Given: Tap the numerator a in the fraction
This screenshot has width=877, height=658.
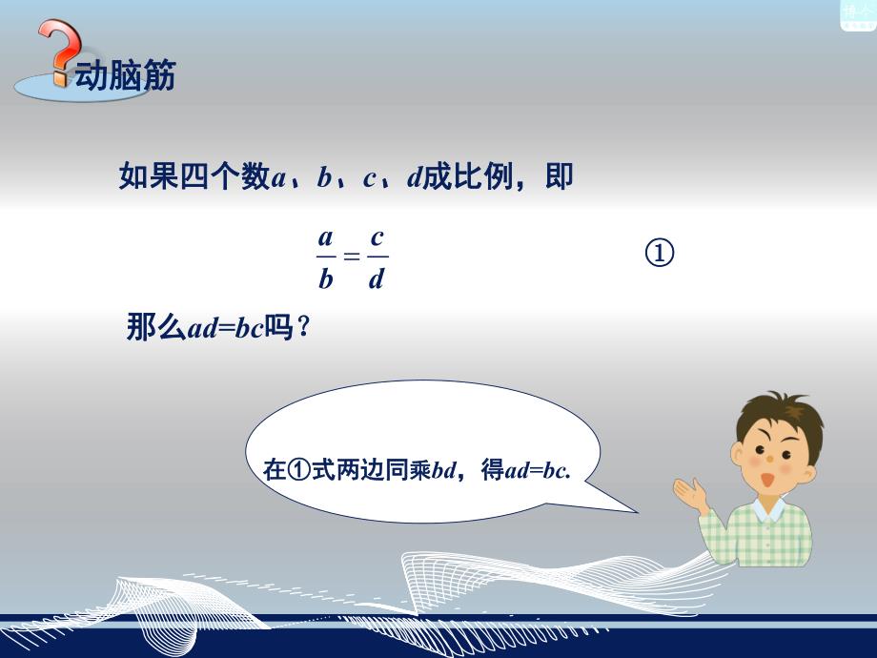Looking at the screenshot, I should (x=326, y=237).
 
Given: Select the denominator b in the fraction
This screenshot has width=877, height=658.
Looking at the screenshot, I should (x=326, y=279).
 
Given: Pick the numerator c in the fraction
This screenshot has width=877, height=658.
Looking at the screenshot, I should (x=377, y=237).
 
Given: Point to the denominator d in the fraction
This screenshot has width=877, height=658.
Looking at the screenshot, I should (x=377, y=279).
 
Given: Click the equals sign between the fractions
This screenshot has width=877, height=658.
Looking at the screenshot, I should (x=351, y=257).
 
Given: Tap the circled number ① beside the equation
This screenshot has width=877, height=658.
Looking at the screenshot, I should (x=660, y=254).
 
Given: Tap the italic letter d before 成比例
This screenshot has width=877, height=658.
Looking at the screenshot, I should (x=414, y=178).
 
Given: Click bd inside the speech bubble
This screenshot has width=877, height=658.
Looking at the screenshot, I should (x=444, y=469).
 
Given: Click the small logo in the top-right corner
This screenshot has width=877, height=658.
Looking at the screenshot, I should (x=857, y=14).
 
